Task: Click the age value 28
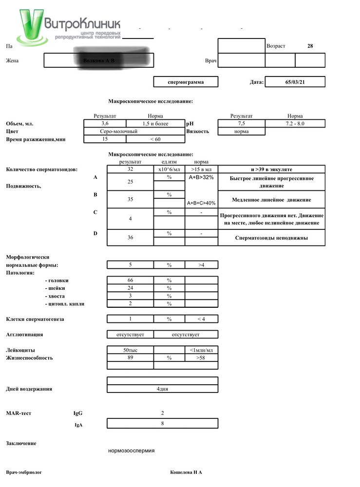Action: (310, 46)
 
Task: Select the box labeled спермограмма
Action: (186, 82)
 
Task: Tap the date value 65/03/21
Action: (295, 82)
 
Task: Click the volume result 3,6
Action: (105, 124)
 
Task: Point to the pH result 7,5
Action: (241, 124)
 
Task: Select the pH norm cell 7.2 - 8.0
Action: (295, 124)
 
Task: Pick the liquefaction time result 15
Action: (105, 139)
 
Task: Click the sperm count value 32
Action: (130, 169)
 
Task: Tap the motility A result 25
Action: (130, 182)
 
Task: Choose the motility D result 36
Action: (130, 238)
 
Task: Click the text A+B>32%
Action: (201, 177)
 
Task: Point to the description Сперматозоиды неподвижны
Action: (271, 238)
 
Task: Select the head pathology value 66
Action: (130, 281)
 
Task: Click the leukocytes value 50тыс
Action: (130, 350)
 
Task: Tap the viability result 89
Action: (130, 358)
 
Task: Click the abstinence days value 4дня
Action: (162, 389)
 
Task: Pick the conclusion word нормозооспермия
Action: (131, 450)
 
